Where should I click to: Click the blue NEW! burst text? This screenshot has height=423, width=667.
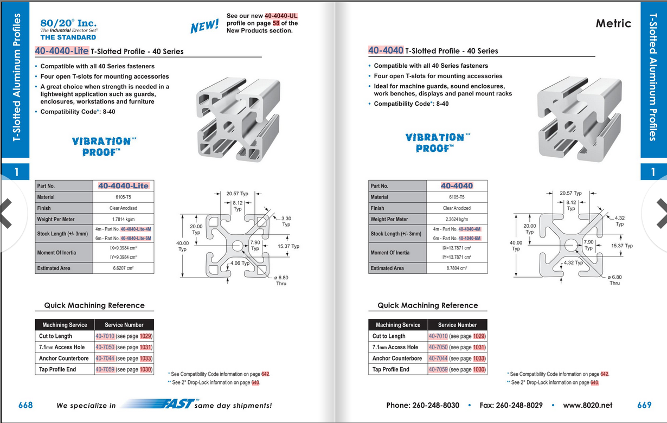(x=204, y=25)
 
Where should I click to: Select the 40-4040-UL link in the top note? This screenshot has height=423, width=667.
(x=281, y=16)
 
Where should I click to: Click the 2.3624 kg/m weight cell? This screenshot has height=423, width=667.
(x=457, y=219)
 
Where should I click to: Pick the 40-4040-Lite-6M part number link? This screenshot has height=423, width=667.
(x=136, y=238)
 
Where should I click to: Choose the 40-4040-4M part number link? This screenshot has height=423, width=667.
(x=470, y=229)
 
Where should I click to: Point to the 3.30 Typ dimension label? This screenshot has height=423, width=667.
(x=286, y=221)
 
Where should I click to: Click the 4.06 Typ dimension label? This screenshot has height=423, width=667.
(x=240, y=263)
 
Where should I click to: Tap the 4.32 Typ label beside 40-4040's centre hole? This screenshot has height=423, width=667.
(x=573, y=262)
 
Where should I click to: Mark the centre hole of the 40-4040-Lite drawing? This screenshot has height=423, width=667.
(x=238, y=246)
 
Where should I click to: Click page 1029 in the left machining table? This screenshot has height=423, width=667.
(x=145, y=336)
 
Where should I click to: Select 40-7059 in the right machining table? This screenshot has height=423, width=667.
(x=438, y=369)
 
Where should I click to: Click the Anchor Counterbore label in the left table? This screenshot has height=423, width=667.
(x=63, y=358)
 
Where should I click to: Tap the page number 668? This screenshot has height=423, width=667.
(x=25, y=405)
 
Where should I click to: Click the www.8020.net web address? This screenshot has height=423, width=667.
(x=588, y=405)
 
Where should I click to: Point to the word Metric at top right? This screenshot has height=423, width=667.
(x=613, y=23)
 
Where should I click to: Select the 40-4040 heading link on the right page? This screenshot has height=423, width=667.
(x=386, y=50)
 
